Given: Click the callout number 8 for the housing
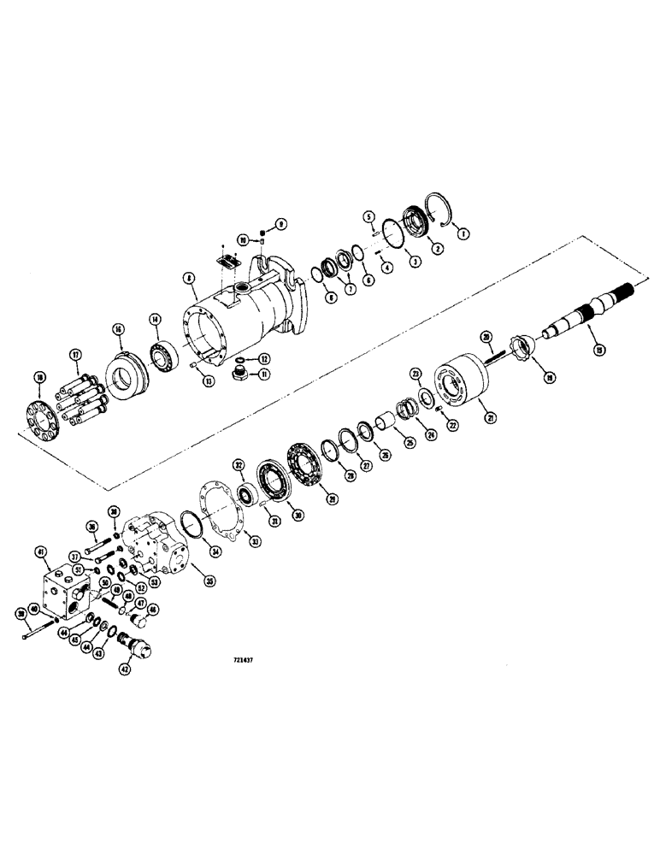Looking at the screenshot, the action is [187, 278].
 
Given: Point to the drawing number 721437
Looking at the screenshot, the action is [246, 659].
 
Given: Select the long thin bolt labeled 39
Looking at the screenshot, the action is [34, 635].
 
